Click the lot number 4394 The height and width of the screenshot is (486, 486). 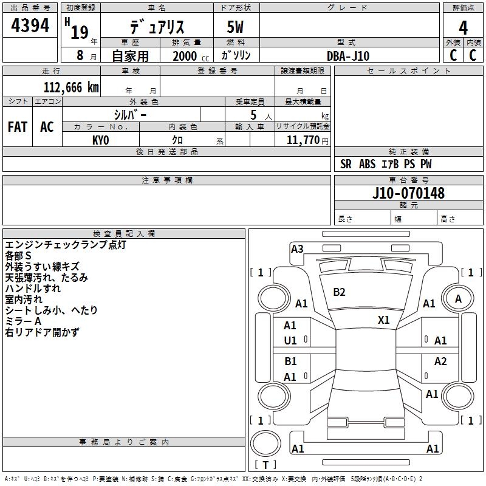coord(30,26)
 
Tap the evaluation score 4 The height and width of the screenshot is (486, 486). coord(463,27)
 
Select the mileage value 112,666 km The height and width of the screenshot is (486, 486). coord(71,87)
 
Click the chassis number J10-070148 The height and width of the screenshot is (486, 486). coord(408,193)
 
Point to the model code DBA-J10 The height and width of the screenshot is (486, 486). coord(348,56)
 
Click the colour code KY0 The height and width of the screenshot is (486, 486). coord(100,140)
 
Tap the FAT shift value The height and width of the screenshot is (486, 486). coord(18,127)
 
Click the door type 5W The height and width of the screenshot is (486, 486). coord(236,27)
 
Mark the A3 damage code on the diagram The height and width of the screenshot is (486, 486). coord(297,248)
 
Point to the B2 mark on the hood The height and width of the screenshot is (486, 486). coord(339,292)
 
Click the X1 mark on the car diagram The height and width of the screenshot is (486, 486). coord(384,320)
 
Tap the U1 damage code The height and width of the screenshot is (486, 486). coord(290,341)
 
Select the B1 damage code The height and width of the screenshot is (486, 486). coord(290,361)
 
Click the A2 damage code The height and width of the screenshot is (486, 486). coord(440,361)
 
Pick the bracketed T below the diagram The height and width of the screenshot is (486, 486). coord(265,465)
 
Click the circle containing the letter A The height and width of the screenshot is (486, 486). coord(458,298)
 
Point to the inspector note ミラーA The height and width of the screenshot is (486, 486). coord(23,321)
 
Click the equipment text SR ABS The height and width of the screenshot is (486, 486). coord(358,164)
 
